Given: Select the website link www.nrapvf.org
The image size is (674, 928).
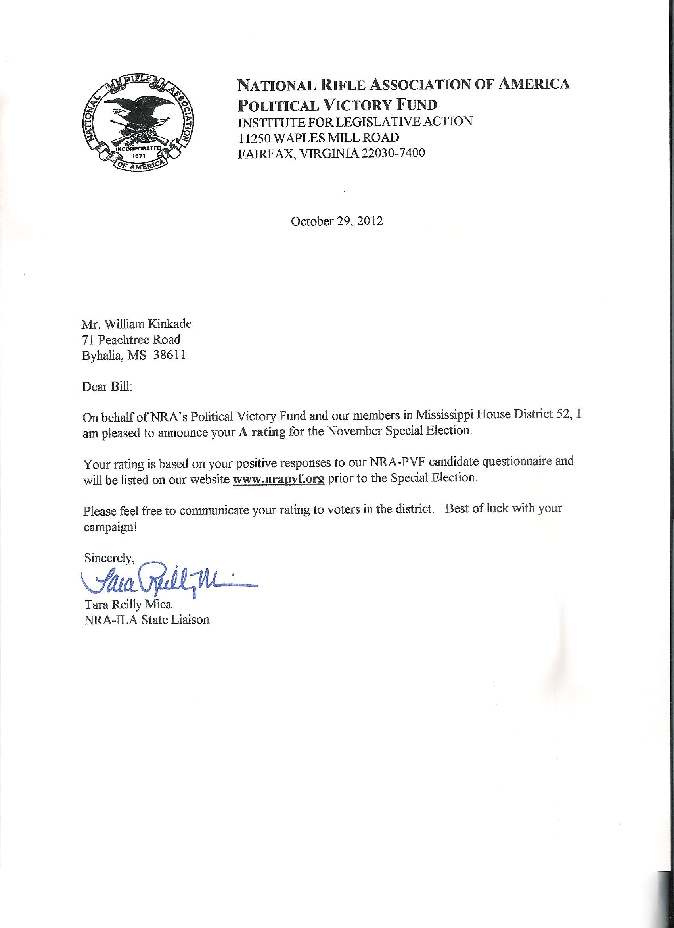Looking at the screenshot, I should (x=278, y=479).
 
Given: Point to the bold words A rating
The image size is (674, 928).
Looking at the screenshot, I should (x=262, y=432).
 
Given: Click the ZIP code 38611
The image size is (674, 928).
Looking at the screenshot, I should (x=169, y=356).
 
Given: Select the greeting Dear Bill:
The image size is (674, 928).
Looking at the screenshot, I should (x=107, y=387).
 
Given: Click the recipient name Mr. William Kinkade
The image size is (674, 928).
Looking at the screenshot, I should (x=136, y=324).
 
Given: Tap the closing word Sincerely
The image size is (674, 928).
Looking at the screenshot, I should (x=109, y=557).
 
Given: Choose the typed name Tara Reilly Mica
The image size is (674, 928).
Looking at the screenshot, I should (x=128, y=604).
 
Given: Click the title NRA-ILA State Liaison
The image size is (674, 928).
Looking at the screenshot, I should (x=146, y=620).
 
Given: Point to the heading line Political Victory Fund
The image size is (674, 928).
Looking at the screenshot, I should (x=337, y=105).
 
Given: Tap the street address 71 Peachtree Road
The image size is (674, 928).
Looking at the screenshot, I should (x=131, y=340).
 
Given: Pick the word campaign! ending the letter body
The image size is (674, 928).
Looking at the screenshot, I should (x=109, y=528).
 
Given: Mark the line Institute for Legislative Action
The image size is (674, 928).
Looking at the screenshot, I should (x=355, y=121).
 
